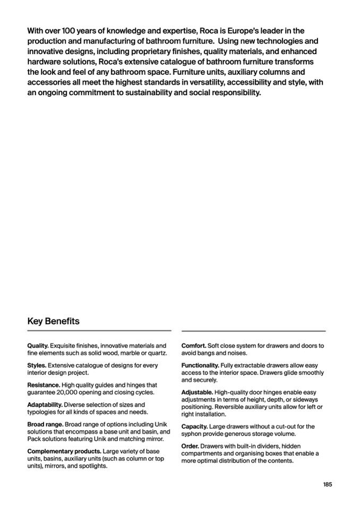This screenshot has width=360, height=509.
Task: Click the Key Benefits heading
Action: (53, 321)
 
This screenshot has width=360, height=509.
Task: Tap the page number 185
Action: (328, 484)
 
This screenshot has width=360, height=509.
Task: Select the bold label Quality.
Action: (38, 346)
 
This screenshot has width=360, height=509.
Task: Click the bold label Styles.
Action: (37, 365)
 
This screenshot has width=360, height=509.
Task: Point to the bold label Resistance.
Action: (43, 385)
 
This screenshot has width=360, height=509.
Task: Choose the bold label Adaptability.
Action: (45, 404)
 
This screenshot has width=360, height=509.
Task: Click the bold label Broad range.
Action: (45, 424)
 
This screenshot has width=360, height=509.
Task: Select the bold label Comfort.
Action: (194, 346)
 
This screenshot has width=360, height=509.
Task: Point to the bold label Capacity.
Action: (194, 426)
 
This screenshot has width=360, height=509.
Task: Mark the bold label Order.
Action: (190, 446)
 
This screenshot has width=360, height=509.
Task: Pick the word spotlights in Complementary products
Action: (92, 466)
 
